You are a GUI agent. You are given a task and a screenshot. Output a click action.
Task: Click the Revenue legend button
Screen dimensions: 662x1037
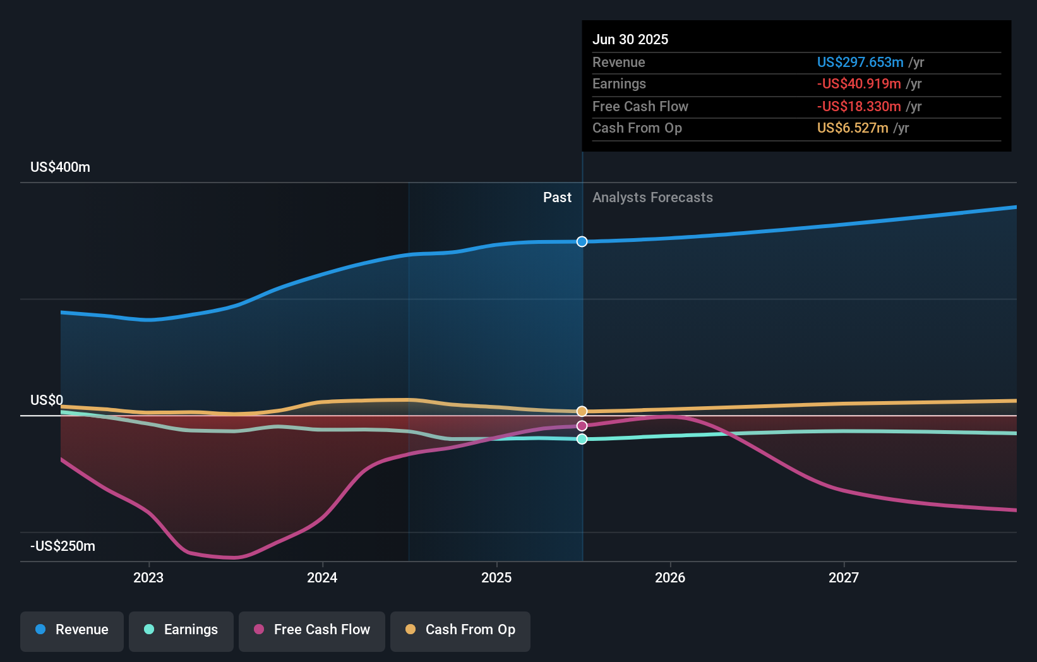coord(72,630)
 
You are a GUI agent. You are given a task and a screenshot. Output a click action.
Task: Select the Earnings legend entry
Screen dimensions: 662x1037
coord(181,630)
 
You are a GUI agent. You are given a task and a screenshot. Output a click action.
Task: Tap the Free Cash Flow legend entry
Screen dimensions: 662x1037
coord(312,630)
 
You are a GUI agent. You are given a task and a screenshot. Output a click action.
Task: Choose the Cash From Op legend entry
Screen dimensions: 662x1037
coord(460,630)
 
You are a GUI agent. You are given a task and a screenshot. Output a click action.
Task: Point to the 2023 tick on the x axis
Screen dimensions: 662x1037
coord(148,577)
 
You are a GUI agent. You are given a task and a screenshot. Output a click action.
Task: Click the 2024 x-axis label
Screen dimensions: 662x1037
coord(322,577)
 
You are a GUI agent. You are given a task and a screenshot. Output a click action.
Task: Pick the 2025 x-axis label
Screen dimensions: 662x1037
coord(496,577)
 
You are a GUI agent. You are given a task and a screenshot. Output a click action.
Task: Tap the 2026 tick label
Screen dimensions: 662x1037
coord(670,577)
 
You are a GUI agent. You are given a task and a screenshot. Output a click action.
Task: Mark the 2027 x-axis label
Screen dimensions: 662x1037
coord(844,577)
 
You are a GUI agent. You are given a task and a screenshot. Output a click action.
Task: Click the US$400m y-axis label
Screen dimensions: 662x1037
coord(60,167)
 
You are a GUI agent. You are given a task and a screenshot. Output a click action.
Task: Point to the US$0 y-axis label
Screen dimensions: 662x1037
coord(47,400)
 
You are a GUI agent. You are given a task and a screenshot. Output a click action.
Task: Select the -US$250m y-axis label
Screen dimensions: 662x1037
coord(63,546)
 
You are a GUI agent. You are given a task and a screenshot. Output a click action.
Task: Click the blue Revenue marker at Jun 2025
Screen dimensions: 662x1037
coord(582,241)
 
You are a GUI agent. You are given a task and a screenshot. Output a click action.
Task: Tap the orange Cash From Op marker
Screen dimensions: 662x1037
coord(582,411)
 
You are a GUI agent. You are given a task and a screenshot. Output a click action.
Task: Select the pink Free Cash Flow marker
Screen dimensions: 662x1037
coord(582,426)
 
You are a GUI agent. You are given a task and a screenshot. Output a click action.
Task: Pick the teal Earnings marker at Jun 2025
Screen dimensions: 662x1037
coord(582,439)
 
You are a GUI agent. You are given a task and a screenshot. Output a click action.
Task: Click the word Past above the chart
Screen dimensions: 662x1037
coord(557,198)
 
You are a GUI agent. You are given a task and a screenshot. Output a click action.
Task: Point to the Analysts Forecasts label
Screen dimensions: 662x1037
coord(652,198)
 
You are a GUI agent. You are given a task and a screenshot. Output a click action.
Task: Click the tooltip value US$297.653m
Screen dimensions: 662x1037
coord(860,62)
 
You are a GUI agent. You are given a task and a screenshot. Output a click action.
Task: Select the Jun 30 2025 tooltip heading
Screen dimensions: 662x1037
coord(630,39)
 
